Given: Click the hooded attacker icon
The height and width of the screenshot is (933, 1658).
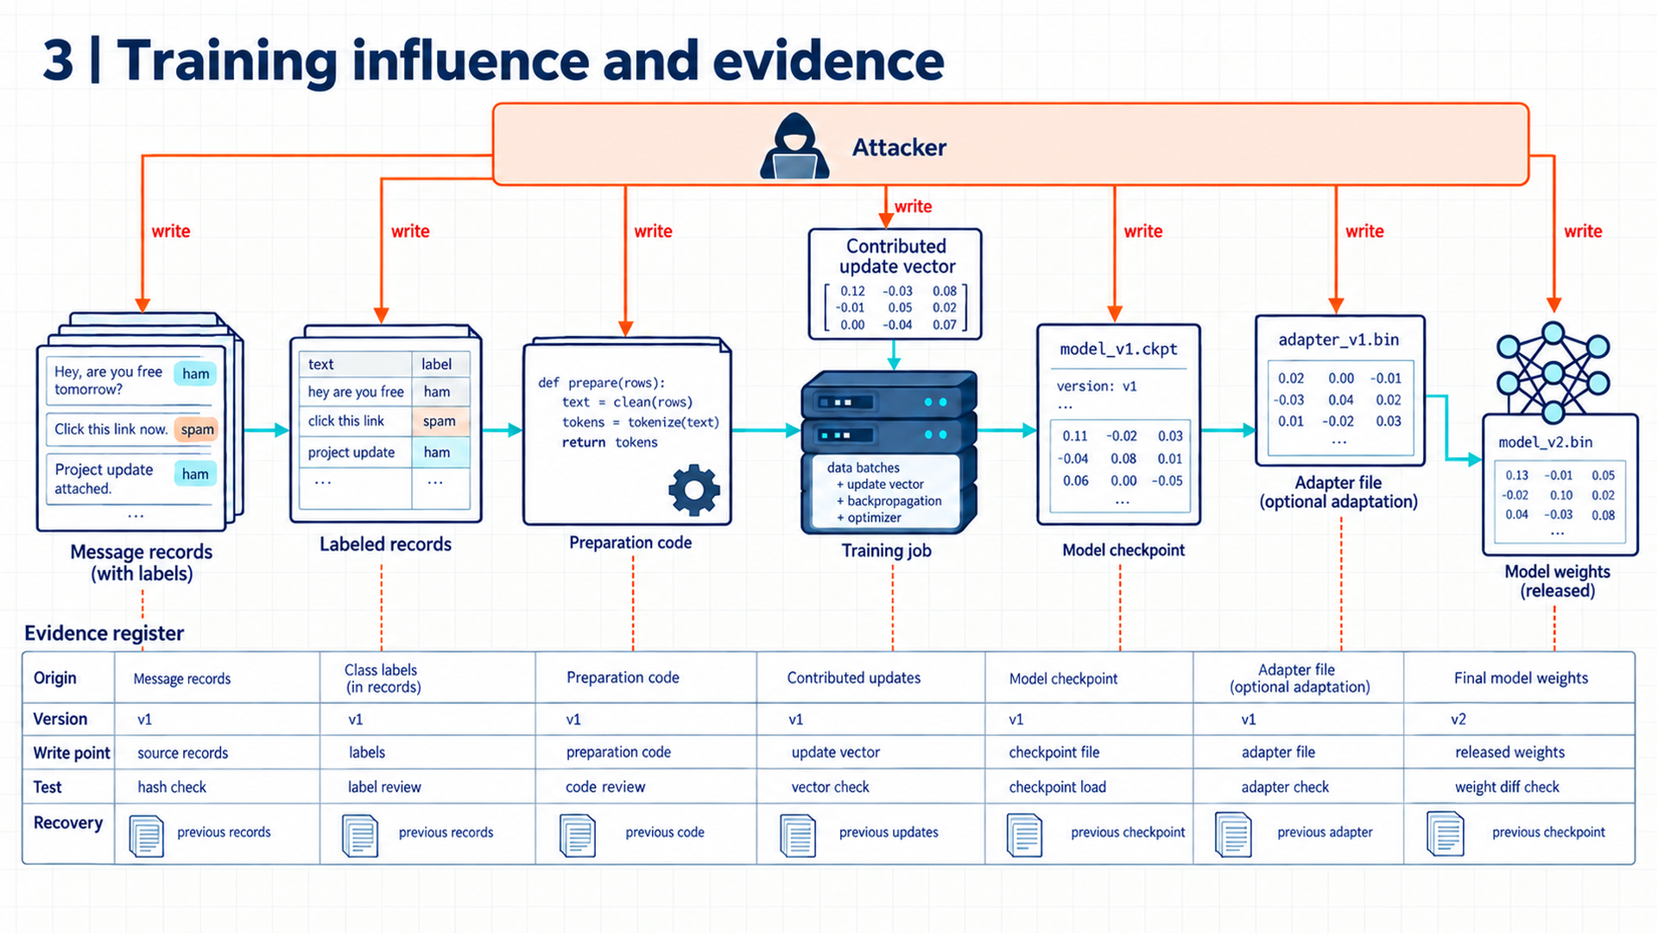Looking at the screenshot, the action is (794, 146).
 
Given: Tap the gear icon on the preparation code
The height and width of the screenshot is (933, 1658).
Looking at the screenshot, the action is (694, 490).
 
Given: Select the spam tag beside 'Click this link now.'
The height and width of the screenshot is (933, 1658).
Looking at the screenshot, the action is (196, 429).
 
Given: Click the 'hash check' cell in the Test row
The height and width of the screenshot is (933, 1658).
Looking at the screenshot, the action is (172, 787).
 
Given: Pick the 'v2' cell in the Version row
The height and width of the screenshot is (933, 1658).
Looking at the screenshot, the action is (1459, 719).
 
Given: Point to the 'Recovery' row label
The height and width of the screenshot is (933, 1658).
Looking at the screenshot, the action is (68, 822).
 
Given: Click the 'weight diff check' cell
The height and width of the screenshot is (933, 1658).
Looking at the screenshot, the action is (1507, 787).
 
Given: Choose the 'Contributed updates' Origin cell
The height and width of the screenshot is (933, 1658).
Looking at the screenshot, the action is (853, 678).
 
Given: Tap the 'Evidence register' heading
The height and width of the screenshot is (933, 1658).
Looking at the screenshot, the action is (104, 633).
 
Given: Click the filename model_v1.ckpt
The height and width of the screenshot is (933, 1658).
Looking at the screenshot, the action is (1118, 349).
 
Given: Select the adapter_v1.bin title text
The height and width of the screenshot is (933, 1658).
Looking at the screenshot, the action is (1338, 340).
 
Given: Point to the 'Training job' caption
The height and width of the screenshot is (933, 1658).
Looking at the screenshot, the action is (886, 550).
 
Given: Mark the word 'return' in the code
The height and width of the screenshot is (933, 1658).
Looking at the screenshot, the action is (584, 442).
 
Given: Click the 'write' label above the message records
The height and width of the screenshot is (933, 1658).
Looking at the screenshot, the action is (171, 231).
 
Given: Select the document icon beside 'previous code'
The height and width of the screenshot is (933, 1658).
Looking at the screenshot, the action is (578, 835).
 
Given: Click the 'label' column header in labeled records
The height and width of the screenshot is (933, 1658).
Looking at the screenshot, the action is (436, 365).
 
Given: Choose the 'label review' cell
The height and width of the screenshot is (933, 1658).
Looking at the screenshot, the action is (384, 787).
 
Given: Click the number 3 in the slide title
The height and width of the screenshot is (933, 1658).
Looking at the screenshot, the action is (59, 60).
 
